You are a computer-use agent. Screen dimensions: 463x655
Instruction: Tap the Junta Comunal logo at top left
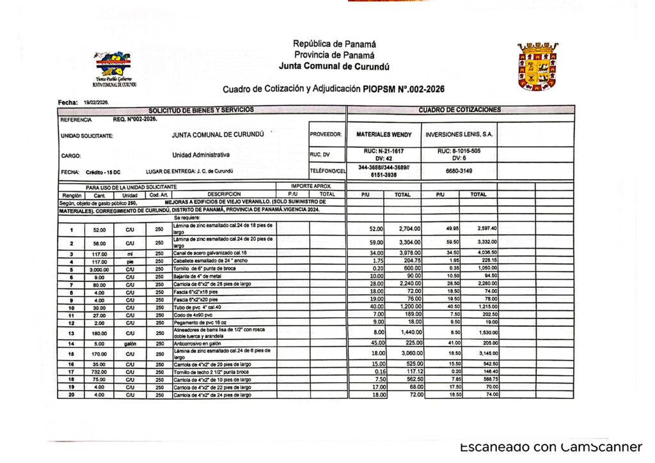(x=114, y=68)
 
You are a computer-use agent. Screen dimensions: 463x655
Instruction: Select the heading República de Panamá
(x=334, y=44)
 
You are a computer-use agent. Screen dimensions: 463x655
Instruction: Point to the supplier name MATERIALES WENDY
(x=383, y=135)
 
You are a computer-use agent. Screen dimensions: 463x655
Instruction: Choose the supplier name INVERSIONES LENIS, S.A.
(x=459, y=135)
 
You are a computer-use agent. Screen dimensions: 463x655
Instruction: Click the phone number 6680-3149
(x=459, y=171)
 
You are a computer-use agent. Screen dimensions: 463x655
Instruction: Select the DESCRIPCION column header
(x=224, y=194)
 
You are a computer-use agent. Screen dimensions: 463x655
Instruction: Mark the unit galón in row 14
(x=130, y=343)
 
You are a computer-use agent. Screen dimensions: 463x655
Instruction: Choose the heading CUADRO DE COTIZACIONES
(x=459, y=110)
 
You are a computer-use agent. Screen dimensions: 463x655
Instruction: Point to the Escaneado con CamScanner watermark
(x=550, y=447)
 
